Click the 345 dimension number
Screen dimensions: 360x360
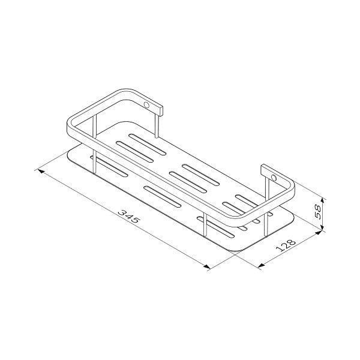(x=128, y=216)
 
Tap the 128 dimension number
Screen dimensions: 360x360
(x=286, y=245)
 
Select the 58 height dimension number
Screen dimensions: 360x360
(x=318, y=212)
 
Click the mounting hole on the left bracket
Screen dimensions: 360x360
(x=146, y=105)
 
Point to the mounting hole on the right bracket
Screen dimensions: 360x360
(x=274, y=178)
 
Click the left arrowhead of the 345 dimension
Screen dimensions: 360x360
(x=41, y=171)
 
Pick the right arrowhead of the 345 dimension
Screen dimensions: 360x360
(x=206, y=266)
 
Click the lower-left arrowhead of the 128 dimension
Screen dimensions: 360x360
(x=261, y=265)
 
